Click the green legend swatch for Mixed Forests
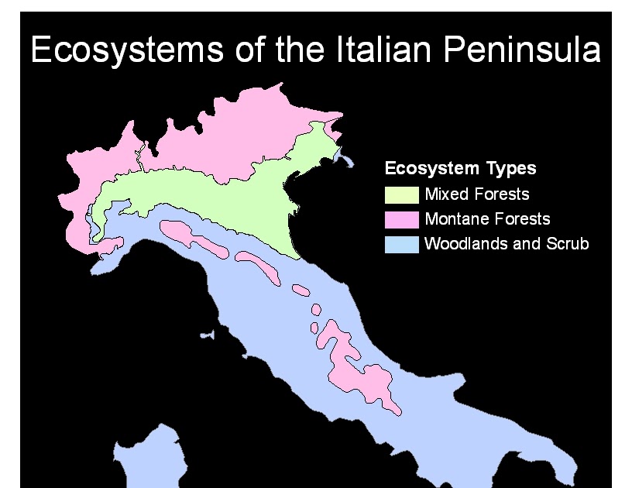click(x=402, y=194)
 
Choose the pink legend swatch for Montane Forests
click(x=402, y=219)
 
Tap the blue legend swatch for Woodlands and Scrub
click(x=402, y=245)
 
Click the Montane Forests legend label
click(x=487, y=219)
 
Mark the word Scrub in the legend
click(x=569, y=244)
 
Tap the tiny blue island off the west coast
click(x=206, y=336)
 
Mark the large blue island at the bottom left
click(x=147, y=461)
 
